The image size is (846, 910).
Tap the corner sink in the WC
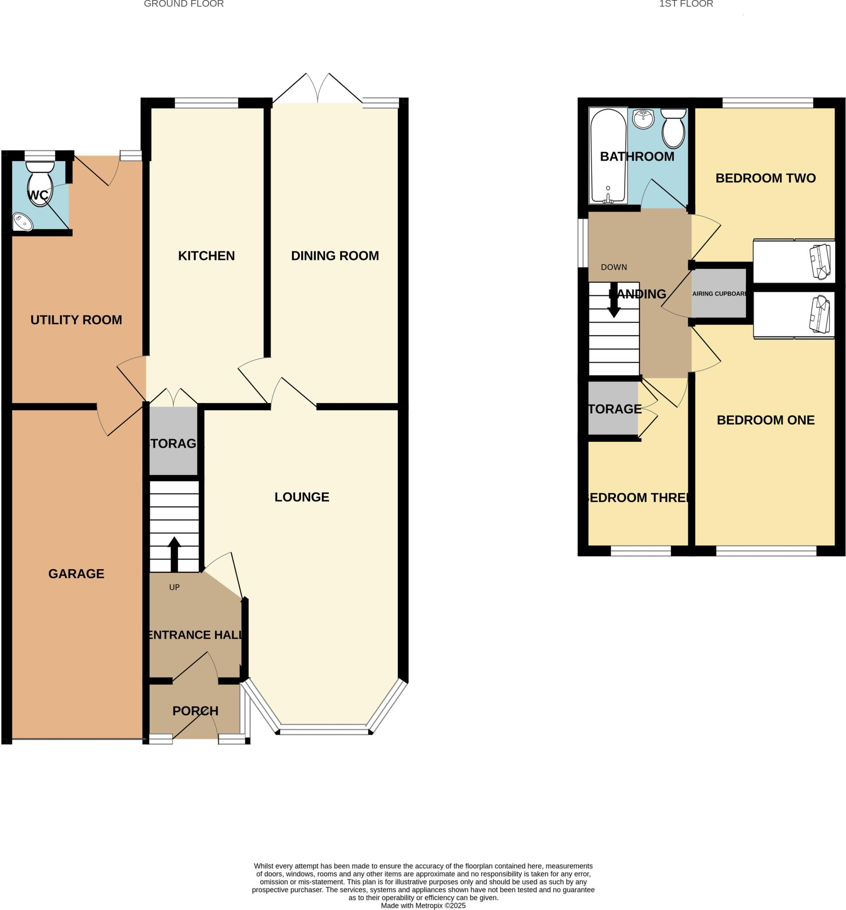[22, 222]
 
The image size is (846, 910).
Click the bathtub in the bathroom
[608, 156]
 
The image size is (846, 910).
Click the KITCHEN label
[207, 256]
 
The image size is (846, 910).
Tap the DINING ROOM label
[335, 256]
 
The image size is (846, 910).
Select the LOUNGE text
[302, 497]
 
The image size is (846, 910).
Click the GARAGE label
[76, 574]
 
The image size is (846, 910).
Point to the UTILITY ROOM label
[76, 320]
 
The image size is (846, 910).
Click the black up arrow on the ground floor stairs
[175, 554]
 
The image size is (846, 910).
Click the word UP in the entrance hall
[175, 587]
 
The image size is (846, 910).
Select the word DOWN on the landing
[614, 267]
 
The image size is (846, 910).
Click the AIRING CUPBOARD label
[719, 294]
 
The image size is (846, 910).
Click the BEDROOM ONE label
[766, 420]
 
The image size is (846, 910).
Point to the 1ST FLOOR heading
[686, 4]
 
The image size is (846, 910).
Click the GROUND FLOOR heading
[183, 4]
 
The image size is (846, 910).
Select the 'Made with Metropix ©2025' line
[423, 906]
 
